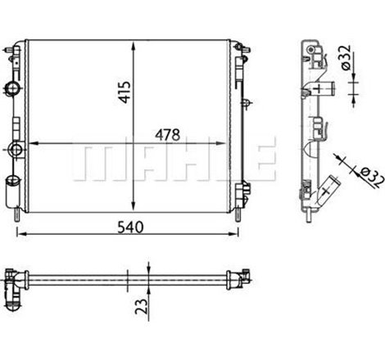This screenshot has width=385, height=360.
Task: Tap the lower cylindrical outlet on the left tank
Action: [11, 195]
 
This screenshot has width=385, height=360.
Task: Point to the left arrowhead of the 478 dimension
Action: [30, 143]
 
